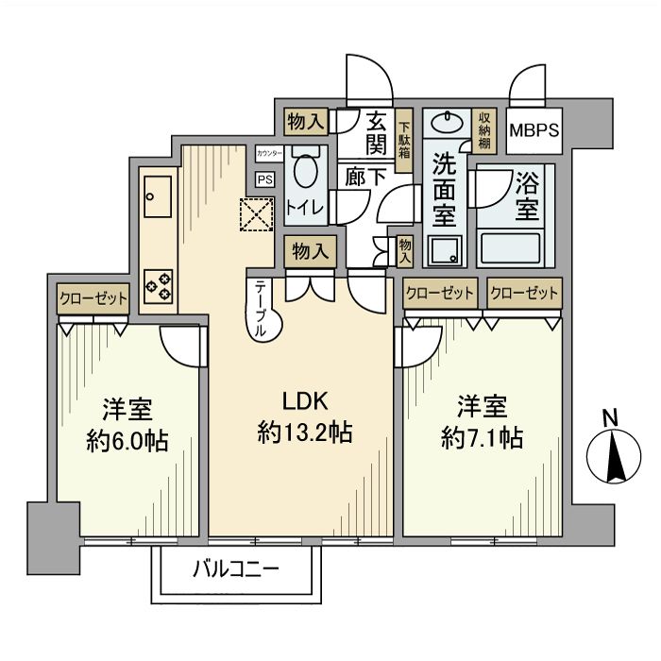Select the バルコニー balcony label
point(236,570)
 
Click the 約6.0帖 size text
point(127,440)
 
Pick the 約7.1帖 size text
point(483,438)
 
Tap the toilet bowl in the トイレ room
point(306,173)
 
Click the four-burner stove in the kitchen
point(159,284)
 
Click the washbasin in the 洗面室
point(444,122)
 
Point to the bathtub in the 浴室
point(511,247)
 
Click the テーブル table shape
point(264,310)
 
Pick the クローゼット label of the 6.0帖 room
point(93,299)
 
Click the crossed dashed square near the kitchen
point(254,215)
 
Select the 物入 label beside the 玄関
point(308,120)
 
